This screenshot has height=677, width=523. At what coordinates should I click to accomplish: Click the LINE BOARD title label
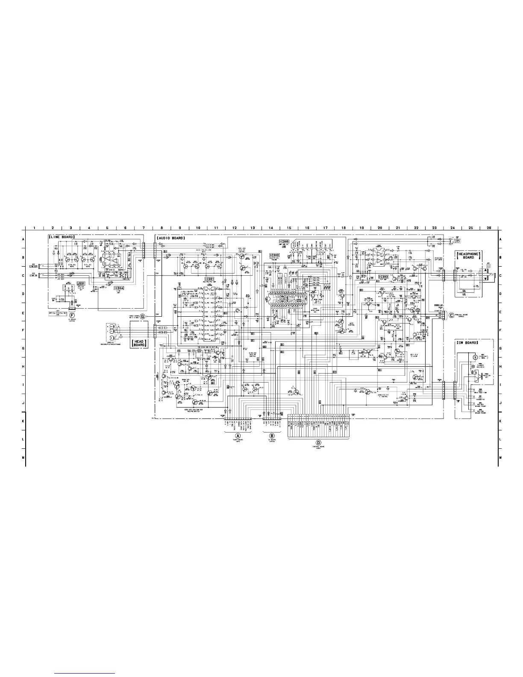point(62,236)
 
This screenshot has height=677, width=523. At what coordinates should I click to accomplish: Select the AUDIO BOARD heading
point(171,238)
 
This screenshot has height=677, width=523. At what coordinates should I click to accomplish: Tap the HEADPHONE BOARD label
point(468,256)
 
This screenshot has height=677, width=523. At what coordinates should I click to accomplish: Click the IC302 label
point(274,255)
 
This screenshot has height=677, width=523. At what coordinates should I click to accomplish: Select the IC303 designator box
point(383,277)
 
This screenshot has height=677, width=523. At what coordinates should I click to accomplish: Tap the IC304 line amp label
point(119,288)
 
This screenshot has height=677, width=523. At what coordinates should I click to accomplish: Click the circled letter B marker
point(272,431)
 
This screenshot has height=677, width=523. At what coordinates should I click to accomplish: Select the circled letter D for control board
point(318,443)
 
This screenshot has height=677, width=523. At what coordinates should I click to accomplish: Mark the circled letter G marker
point(142,316)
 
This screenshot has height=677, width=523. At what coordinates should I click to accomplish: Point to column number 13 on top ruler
point(253,228)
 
